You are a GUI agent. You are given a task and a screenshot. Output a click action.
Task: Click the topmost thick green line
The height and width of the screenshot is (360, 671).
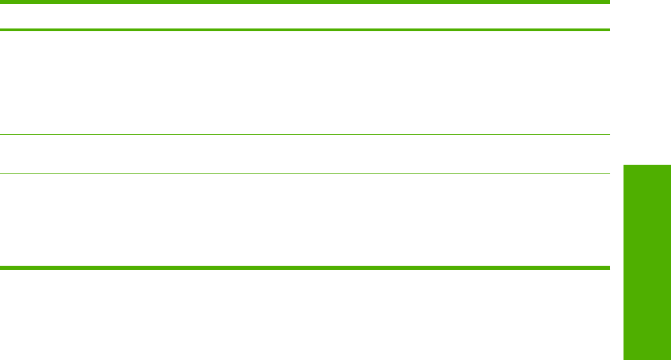point(305,3)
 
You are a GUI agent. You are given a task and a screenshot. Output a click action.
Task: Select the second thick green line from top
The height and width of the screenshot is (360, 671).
point(305,30)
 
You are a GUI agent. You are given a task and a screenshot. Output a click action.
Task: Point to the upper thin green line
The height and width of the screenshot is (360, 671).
point(305,134)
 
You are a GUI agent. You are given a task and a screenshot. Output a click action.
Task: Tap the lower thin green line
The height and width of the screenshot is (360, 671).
point(305,173)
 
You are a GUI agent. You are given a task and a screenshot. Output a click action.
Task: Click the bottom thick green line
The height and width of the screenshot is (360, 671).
point(305,268)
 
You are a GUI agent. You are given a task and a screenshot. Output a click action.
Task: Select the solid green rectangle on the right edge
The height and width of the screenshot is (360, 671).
point(646,261)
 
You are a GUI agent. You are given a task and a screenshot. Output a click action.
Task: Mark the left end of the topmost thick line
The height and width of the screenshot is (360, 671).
point(1,3)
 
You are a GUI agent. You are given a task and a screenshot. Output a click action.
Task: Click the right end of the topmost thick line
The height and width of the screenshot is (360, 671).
point(609,3)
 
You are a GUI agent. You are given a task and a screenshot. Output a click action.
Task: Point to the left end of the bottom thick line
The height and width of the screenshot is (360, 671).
point(1,268)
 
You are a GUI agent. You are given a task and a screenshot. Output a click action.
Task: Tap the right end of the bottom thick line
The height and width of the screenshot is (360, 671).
point(609,268)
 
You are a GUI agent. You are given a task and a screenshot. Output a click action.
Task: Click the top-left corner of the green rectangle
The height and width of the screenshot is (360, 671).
point(622,162)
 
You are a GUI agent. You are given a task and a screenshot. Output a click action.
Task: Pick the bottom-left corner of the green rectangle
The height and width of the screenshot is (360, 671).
point(622,359)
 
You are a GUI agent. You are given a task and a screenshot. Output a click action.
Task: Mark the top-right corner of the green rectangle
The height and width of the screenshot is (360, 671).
point(670,162)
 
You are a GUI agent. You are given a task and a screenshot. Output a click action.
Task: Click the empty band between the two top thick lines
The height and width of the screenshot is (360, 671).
point(305,16)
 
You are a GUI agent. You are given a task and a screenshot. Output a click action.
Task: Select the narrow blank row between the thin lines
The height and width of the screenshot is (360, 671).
point(305,154)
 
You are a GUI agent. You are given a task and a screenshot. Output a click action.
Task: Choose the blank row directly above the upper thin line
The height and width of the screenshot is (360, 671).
point(305,82)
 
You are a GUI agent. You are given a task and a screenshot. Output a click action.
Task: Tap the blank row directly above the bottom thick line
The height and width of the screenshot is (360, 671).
point(305,220)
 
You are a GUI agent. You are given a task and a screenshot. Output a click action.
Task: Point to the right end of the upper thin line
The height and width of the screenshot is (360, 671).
point(609,134)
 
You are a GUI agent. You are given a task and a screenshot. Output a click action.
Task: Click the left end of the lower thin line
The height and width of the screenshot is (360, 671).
point(1,173)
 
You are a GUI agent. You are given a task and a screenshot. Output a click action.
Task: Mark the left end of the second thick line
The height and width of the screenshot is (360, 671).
point(1,30)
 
